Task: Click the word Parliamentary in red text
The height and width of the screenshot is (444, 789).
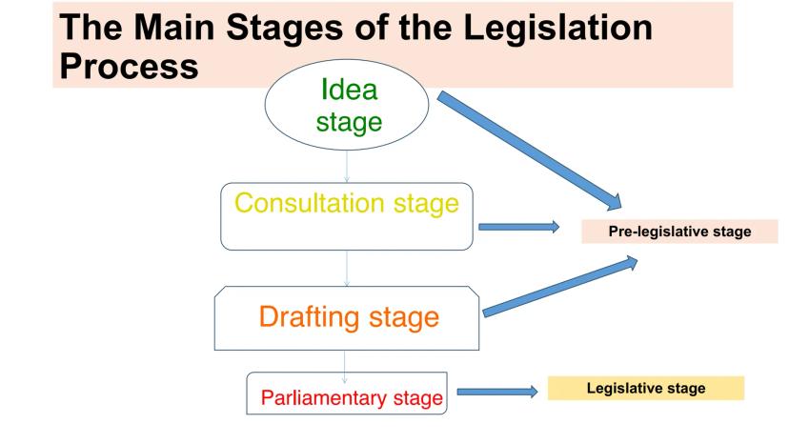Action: click(x=304, y=397)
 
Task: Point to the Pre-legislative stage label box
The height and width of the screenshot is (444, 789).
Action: click(x=679, y=230)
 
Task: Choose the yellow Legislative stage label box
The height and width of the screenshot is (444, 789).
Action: click(x=644, y=388)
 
